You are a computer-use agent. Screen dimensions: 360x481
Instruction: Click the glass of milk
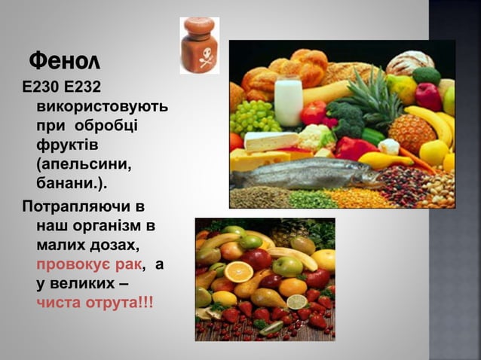(288, 100)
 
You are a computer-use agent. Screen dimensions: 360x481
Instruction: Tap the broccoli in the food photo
(346, 116)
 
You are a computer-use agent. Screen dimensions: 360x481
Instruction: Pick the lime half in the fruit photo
(297, 302)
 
